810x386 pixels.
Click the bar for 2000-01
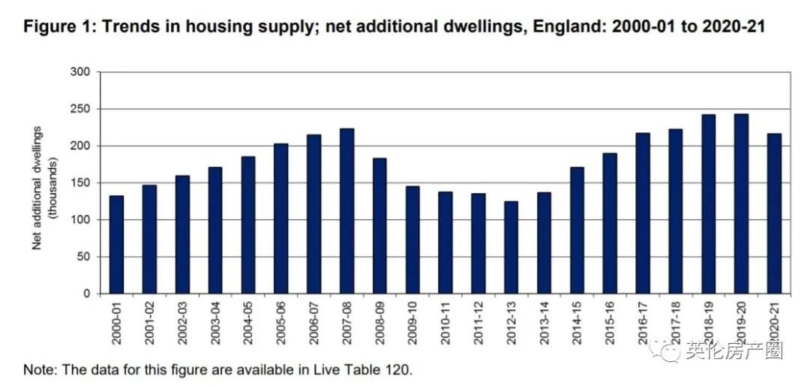[x=116, y=244]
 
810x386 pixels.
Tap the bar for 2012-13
[x=511, y=247]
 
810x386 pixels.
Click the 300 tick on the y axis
[x=79, y=72]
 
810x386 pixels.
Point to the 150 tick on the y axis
[x=79, y=182]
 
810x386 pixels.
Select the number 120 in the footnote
[x=400, y=369]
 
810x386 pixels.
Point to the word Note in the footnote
[x=37, y=369]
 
